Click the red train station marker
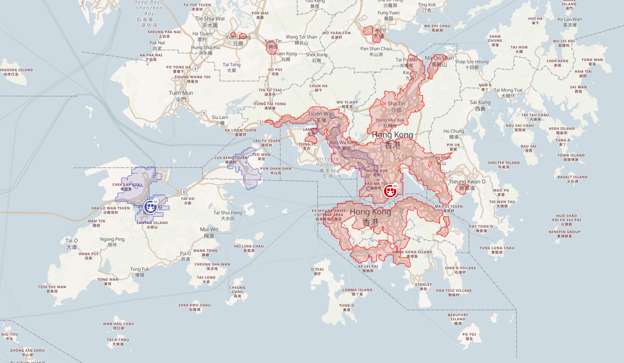(390, 191)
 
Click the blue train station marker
(151, 207)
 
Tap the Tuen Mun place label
(181, 96)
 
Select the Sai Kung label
(480, 105)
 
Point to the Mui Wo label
(209, 232)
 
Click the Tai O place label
(72, 244)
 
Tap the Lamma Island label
(357, 292)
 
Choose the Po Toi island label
(469, 336)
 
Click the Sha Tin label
(396, 106)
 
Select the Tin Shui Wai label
(210, 22)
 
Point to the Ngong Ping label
(112, 242)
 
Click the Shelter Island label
(504, 165)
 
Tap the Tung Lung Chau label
(497, 250)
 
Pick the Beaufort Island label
(458, 319)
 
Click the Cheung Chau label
(237, 292)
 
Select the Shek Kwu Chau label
(194, 307)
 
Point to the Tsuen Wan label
(321, 117)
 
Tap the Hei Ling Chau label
(249, 248)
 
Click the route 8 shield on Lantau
(184, 192)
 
